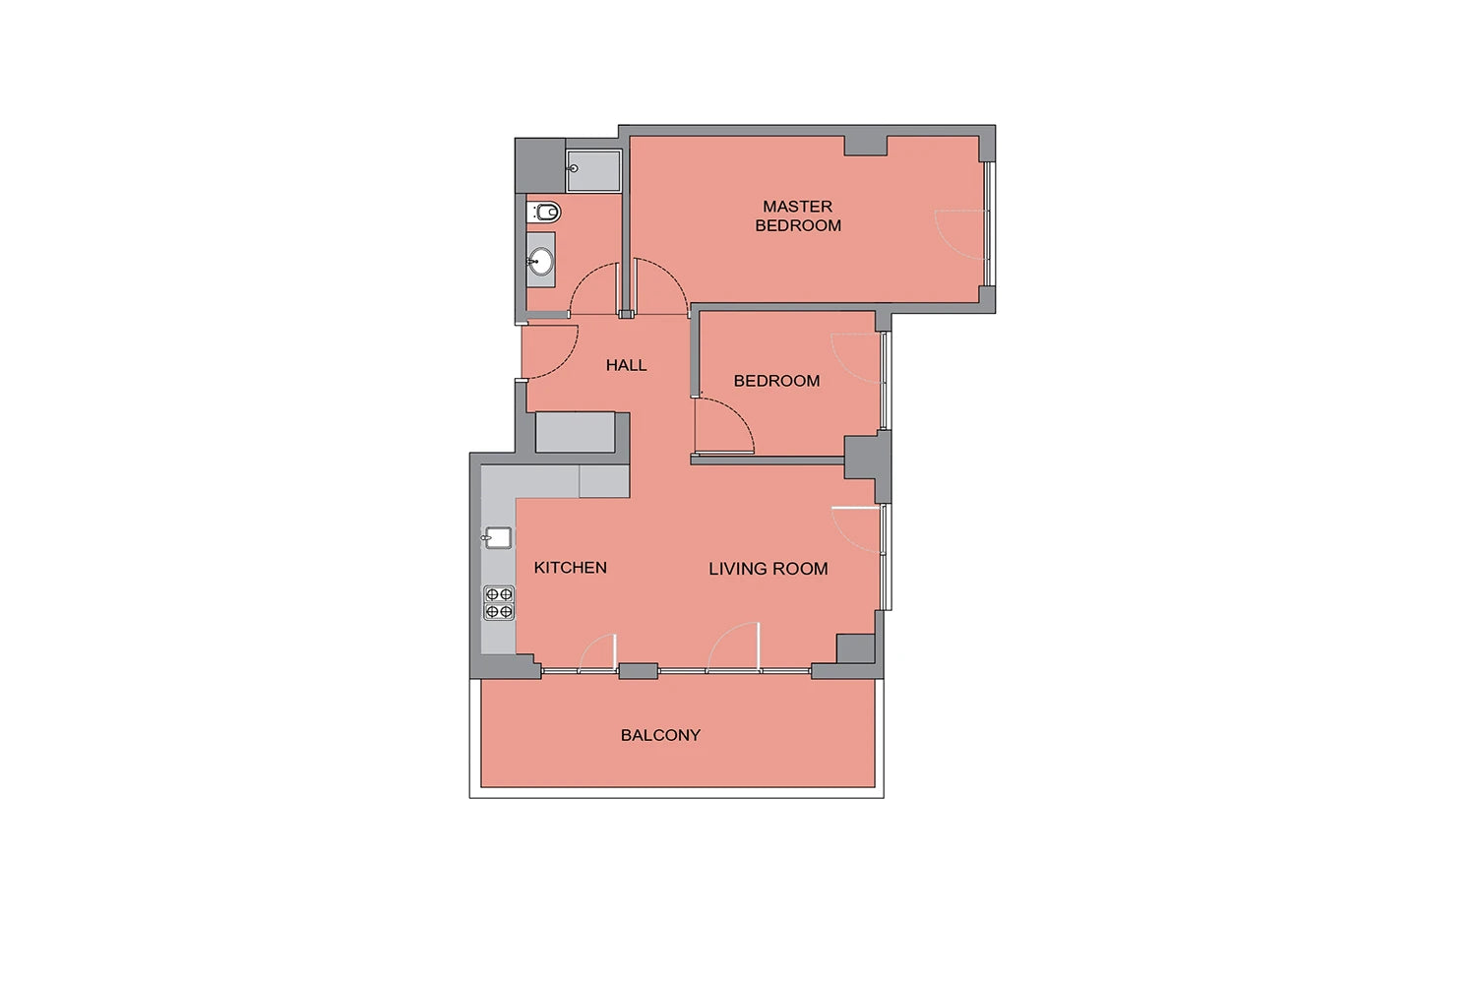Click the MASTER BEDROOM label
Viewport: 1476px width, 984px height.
point(798,216)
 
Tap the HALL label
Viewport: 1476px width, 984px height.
point(626,365)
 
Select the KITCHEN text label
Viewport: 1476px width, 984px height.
point(570,568)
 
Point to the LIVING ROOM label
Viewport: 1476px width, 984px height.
point(769,569)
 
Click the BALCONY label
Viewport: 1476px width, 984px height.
point(660,735)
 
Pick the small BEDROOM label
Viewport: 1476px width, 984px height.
point(777,381)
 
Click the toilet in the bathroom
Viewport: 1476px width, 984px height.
point(543,213)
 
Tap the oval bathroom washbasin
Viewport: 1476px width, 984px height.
point(541,261)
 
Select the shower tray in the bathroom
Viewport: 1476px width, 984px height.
point(593,170)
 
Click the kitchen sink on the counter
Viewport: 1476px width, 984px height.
point(498,538)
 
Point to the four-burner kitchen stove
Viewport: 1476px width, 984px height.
point(499,603)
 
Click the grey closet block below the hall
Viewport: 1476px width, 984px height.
point(576,432)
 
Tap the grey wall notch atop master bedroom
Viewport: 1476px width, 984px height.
point(866,146)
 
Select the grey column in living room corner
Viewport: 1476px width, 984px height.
point(855,648)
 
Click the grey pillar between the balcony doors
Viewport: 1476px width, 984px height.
point(638,671)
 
